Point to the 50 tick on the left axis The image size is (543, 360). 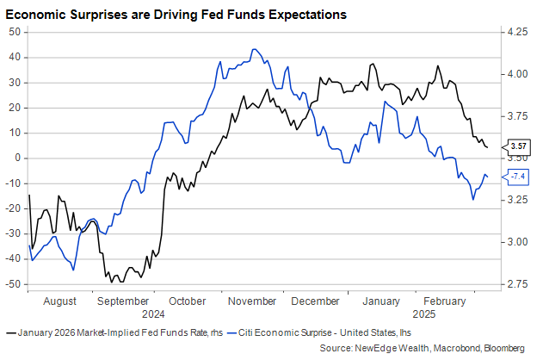click(x=15, y=32)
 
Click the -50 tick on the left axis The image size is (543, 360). click(x=14, y=284)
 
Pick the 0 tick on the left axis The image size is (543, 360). click(x=19, y=158)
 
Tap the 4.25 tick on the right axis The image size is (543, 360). click(x=517, y=32)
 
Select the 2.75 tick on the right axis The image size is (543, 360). click(x=517, y=284)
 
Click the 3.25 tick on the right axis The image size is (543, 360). click(x=517, y=200)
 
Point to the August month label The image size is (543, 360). click(x=59, y=301)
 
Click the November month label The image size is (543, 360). click(x=253, y=301)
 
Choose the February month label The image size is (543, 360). click(x=446, y=301)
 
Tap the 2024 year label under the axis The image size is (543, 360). click(x=155, y=315)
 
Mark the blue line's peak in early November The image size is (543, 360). click(x=253, y=49)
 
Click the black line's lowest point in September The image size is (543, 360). click(x=111, y=281)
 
